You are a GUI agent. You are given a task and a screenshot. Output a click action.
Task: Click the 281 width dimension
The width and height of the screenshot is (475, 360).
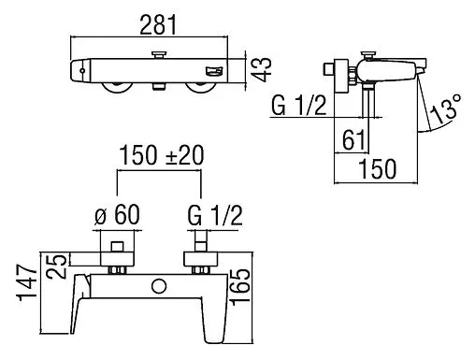158,24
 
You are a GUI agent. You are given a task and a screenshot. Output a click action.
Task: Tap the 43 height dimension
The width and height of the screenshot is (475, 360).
262,70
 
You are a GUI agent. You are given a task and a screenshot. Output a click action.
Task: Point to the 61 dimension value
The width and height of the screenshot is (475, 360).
353,140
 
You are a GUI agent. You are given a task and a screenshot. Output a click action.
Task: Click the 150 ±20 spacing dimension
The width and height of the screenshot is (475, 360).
162,155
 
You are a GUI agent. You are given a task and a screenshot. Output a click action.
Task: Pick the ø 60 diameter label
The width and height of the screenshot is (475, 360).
117,215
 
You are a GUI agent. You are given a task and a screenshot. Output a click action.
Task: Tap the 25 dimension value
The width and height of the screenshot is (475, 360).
56,266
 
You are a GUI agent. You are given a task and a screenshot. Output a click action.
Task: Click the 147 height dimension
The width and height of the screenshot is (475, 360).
27,283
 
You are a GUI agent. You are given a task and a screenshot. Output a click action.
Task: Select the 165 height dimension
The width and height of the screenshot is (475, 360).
240,285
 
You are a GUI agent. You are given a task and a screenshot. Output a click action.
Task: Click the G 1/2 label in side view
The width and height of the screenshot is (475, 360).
298,106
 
